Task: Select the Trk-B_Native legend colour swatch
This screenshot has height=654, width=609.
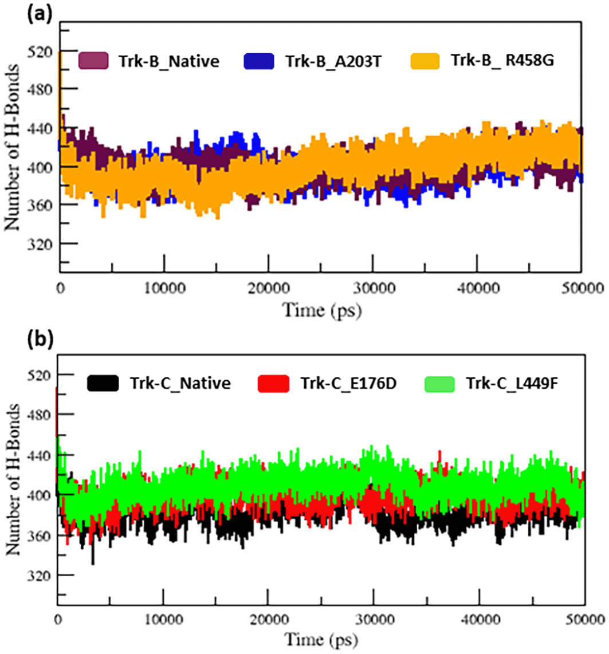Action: click(93, 60)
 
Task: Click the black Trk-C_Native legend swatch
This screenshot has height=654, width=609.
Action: click(103, 382)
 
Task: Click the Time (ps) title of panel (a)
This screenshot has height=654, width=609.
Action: click(321, 309)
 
